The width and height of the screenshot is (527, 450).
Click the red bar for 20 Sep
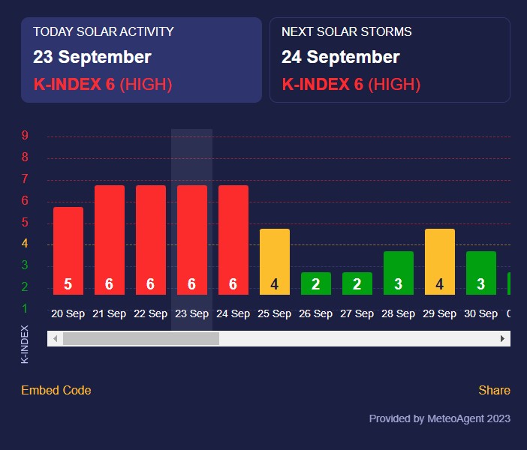pos(68,250)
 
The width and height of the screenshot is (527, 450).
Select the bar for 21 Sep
pos(110,240)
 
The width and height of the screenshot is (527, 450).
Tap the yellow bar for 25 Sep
pos(275,262)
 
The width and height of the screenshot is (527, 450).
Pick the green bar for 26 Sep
pos(316,283)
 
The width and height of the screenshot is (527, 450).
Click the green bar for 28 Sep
pos(399,273)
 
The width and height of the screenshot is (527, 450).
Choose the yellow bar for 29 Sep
pos(440,262)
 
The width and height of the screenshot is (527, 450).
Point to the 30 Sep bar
pos(481,273)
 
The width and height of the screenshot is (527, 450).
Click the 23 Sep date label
pos(192,314)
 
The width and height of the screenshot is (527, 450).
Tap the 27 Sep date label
pos(357,314)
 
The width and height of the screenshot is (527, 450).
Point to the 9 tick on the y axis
pos(26,136)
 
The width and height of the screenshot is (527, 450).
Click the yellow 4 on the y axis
pos(26,244)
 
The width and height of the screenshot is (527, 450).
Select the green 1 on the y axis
pos(26,308)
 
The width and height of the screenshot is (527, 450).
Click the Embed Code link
pos(56,390)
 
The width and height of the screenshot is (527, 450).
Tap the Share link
pos(494,390)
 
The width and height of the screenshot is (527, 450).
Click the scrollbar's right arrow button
pos(503,339)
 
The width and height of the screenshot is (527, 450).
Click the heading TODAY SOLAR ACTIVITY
pos(104,31)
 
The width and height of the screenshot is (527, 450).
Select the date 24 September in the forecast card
pos(341,57)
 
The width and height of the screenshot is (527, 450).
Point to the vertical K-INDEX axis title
pos(25,344)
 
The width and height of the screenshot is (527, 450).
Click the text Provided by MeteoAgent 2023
pos(440,418)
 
